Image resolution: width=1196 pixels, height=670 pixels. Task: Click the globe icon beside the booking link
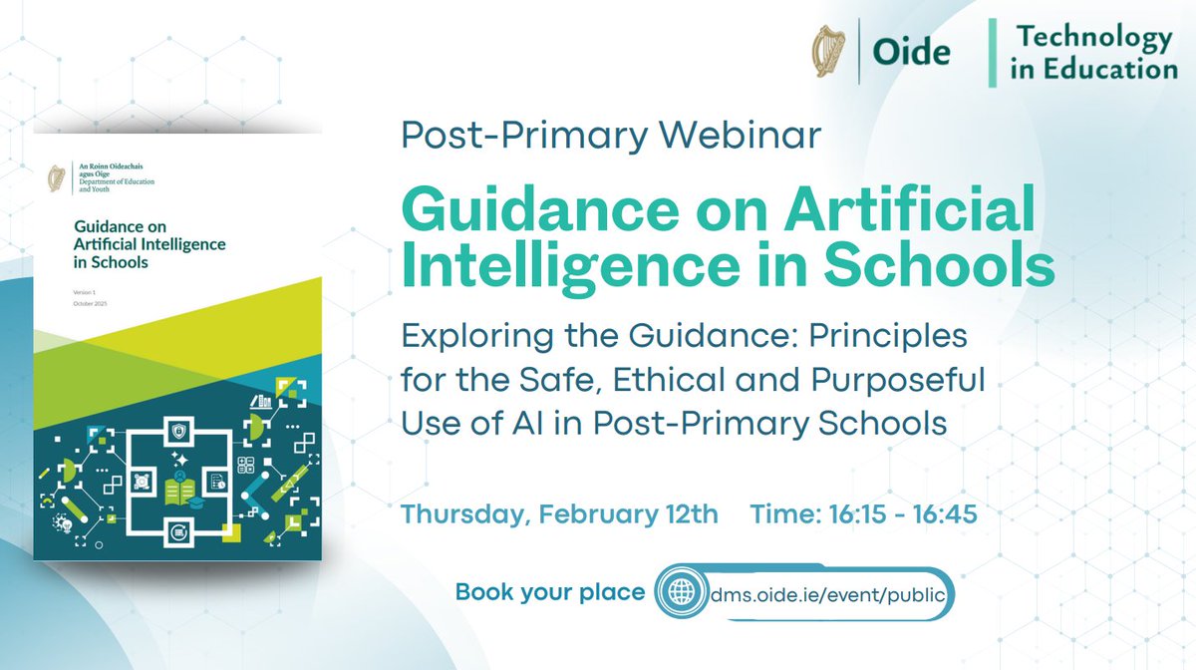pyautogui.click(x=682, y=591)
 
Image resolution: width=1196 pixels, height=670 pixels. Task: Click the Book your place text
pyautogui.click(x=549, y=592)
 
